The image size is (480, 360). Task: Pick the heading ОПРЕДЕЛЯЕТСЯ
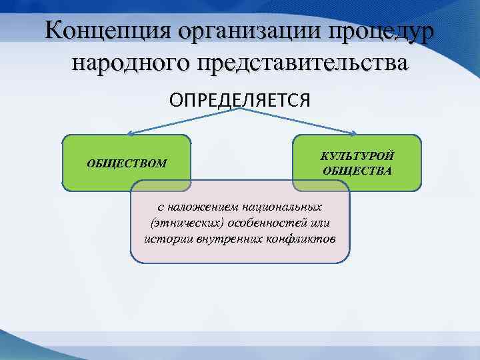click(239, 99)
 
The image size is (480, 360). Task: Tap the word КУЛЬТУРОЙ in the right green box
click(357, 156)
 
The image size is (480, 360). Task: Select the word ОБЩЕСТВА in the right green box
click(357, 171)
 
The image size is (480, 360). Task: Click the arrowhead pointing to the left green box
click(131, 133)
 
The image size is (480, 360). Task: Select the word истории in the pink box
click(169, 239)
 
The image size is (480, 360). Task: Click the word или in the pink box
click(319, 223)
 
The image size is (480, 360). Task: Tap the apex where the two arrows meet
click(239, 110)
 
